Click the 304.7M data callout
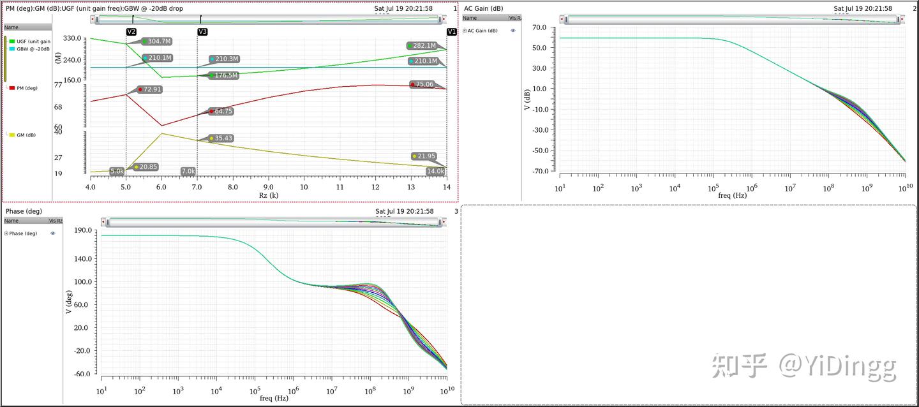tap(156, 41)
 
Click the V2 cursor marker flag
tap(131, 31)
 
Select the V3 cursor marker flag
tap(202, 31)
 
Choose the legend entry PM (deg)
tap(27, 88)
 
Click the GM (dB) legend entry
tap(26, 135)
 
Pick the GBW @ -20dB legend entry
tap(33, 48)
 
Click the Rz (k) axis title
tap(268, 195)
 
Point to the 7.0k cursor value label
tap(188, 171)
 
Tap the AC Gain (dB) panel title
tap(483, 8)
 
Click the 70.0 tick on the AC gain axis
tap(539, 27)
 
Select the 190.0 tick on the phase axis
tap(83, 230)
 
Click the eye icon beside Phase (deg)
tap(53, 233)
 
